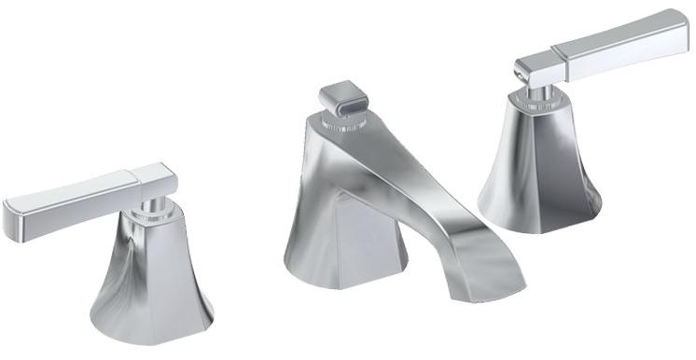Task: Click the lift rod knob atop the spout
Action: tap(341, 101)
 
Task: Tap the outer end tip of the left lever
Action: tap(11, 214)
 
